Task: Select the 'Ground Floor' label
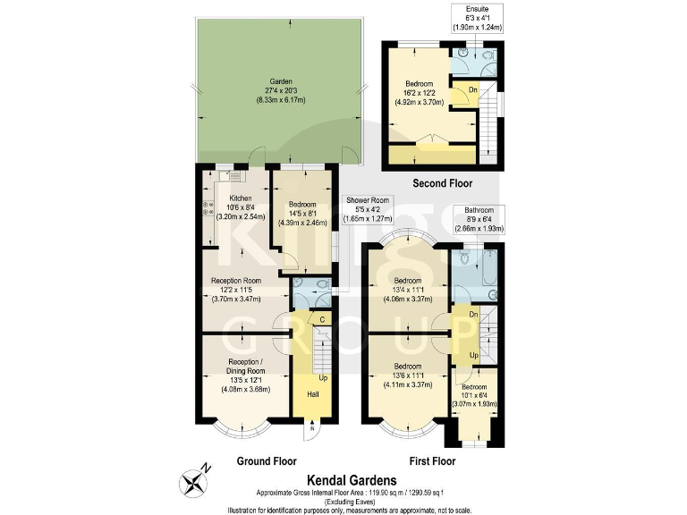pyautogui.click(x=267, y=461)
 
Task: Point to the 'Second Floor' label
pyautogui.click(x=443, y=183)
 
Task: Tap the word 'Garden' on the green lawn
pyautogui.click(x=282, y=81)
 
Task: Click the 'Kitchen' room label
pyautogui.click(x=241, y=198)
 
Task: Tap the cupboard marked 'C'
pyautogui.click(x=320, y=318)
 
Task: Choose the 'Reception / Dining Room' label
pyautogui.click(x=244, y=365)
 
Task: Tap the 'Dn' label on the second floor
pyautogui.click(x=472, y=89)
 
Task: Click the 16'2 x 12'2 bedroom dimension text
pyautogui.click(x=420, y=93)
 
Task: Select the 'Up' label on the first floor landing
pyautogui.click(x=462, y=355)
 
